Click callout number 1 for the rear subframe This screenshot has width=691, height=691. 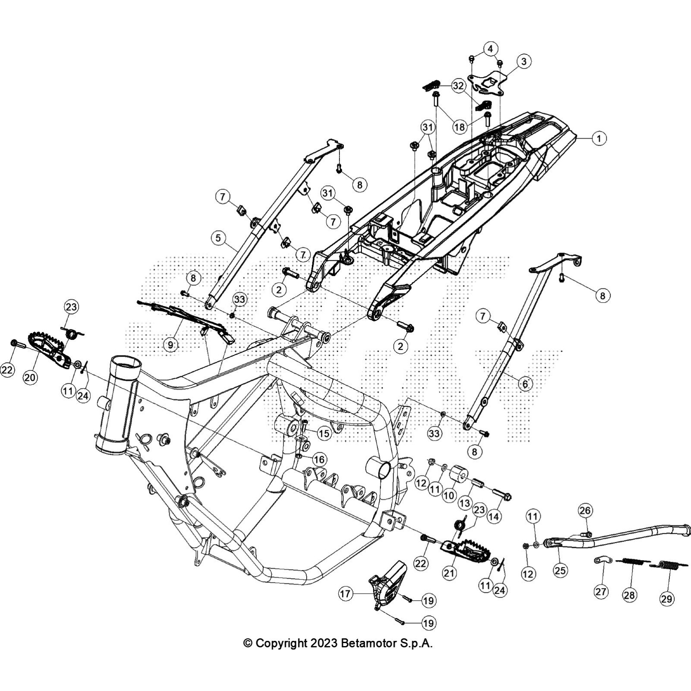pos(599,139)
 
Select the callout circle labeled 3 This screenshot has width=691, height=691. pos(523,61)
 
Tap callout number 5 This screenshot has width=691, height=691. pos(219,238)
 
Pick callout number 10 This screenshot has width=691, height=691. pos(449,495)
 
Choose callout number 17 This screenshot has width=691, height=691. pos(345,594)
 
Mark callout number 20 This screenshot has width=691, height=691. pos(30,377)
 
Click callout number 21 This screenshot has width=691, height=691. pos(449,573)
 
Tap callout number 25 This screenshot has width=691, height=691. pos(560,571)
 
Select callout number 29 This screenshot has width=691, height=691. pos(666,599)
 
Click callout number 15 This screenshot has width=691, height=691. pos(323,433)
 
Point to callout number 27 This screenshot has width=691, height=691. pos(601,591)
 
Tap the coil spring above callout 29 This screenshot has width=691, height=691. pos(667,564)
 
